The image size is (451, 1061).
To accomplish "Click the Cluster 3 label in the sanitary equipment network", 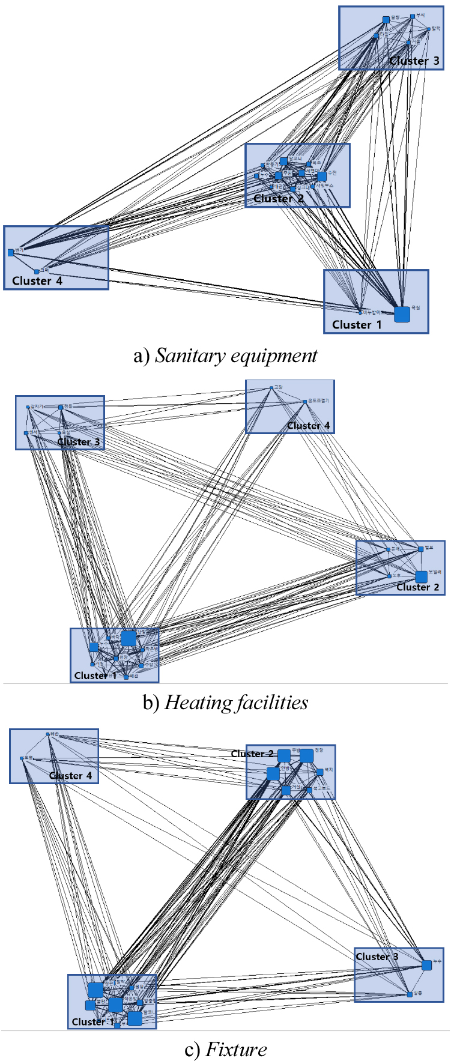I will (414, 61).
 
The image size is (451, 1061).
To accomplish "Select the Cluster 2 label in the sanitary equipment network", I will (278, 198).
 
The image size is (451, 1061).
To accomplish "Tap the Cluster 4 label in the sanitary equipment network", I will (37, 280).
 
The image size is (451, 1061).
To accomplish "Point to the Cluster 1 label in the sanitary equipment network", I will (357, 324).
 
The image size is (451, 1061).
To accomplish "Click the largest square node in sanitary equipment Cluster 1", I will (402, 314).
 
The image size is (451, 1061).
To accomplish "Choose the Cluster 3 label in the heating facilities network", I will (79, 441).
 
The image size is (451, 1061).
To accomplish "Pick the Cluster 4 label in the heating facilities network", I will (308, 425).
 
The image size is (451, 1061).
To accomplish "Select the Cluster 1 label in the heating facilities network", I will (95, 676).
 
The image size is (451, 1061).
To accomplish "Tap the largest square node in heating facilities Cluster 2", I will (421, 577).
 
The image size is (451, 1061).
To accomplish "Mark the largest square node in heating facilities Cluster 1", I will (128, 638).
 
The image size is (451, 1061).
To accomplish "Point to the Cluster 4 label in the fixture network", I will (70, 775).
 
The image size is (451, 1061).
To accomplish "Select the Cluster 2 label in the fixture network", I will (252, 754).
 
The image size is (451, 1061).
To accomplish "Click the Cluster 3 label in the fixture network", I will (377, 957).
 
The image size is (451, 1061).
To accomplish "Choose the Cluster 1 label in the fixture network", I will (92, 1021).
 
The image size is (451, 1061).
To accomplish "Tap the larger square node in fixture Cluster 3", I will (426, 966).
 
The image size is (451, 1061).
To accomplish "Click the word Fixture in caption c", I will (236, 1049).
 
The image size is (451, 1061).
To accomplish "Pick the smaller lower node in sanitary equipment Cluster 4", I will (37, 271).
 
